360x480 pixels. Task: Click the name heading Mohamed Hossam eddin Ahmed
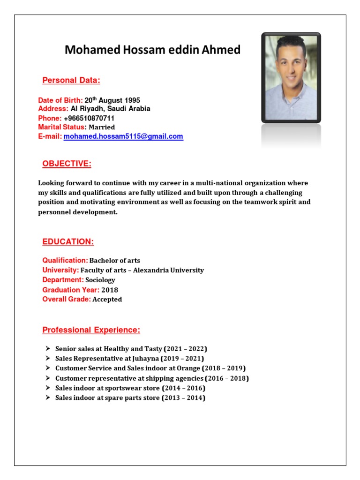point(152,50)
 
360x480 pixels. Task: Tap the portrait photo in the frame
point(291,77)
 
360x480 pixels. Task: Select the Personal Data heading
point(71,80)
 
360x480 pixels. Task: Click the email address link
point(123,136)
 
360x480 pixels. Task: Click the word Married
point(102,127)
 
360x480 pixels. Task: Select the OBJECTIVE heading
point(67,164)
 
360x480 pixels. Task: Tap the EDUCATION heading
point(68,242)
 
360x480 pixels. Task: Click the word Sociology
point(100,280)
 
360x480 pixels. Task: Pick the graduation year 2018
point(110,290)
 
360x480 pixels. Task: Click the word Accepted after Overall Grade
point(107,300)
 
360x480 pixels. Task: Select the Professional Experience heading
point(91,330)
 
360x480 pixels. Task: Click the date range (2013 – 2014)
point(183,398)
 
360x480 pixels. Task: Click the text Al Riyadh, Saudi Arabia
point(110,109)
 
